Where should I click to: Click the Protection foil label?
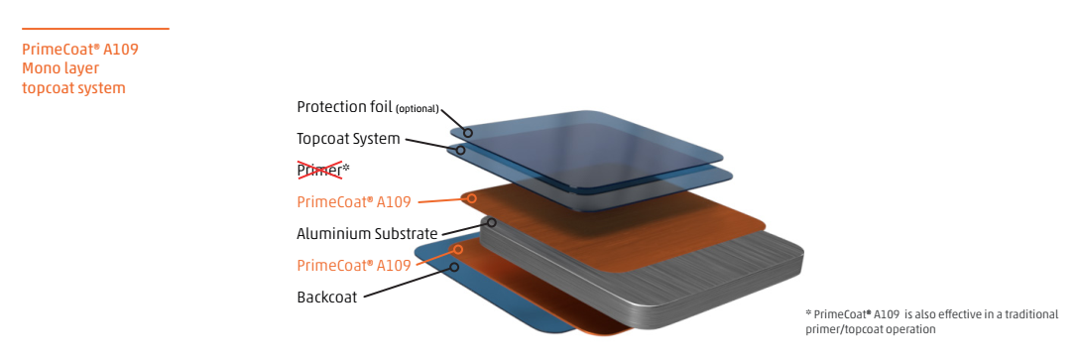tap(344, 107)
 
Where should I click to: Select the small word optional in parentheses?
tap(417, 109)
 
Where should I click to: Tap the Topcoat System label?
tap(348, 139)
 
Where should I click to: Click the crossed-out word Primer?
tap(319, 170)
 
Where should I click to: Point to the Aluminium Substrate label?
tap(367, 234)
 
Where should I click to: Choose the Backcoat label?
tap(327, 299)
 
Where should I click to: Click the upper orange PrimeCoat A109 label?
tap(354, 202)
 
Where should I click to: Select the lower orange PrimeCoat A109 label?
tap(354, 266)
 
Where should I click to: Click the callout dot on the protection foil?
tap(468, 133)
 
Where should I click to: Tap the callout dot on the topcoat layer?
tap(460, 150)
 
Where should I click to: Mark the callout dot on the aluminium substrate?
tap(491, 223)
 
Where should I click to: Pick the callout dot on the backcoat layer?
tap(454, 267)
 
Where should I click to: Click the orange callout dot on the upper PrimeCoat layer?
tap(472, 198)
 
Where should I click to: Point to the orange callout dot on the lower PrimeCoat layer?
tap(457, 249)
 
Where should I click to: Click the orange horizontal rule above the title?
tap(95, 29)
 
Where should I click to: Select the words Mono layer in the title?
tap(60, 68)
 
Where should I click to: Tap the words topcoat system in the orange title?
tap(73, 88)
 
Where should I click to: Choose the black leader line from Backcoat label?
tap(408, 283)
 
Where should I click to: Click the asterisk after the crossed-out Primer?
tap(346, 168)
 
